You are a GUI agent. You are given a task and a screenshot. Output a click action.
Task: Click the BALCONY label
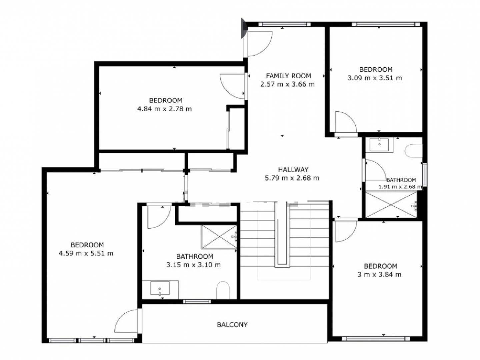(x=232, y=325)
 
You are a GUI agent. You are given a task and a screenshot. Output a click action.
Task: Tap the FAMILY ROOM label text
(x=288, y=76)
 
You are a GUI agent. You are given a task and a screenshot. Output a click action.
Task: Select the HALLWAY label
(x=293, y=169)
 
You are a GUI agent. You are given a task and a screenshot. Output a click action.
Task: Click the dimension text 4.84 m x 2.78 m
(x=164, y=109)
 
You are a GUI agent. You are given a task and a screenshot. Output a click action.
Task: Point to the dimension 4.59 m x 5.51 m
(x=86, y=253)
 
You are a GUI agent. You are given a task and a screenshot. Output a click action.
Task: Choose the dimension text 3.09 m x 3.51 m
(x=375, y=78)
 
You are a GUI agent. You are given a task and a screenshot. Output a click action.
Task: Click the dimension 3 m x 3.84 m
(x=379, y=275)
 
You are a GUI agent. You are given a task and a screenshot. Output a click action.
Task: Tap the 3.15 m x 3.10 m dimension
(x=194, y=265)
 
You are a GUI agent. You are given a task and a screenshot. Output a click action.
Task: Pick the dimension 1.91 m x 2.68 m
(x=400, y=187)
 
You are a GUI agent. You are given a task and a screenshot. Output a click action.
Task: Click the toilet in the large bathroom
(x=223, y=290)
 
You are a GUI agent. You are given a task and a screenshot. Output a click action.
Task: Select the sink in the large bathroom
(x=160, y=288)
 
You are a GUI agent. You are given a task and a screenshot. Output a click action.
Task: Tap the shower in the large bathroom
(x=219, y=237)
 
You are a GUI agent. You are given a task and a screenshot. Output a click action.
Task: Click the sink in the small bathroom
(x=379, y=144)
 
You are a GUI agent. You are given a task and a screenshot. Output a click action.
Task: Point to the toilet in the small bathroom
(x=414, y=151)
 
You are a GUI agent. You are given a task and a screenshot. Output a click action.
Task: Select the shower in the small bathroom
(x=391, y=204)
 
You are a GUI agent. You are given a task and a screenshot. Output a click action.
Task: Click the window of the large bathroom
(x=197, y=301)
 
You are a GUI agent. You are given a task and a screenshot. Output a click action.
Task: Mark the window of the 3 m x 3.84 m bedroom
(x=376, y=339)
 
